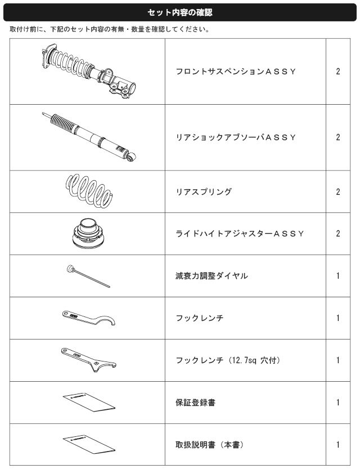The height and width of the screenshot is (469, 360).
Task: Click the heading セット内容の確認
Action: click(x=180, y=12)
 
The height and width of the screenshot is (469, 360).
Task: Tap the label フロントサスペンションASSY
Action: click(x=236, y=72)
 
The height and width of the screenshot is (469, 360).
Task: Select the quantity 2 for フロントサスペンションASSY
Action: click(x=338, y=72)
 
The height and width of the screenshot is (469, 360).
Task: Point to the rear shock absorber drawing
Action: click(x=89, y=137)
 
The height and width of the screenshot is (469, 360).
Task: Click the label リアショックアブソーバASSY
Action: click(x=236, y=137)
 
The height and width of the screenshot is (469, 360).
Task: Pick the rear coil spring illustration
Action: click(x=89, y=191)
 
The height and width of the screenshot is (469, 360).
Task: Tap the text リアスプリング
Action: click(x=204, y=192)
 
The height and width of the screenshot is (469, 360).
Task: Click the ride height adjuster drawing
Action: click(x=89, y=234)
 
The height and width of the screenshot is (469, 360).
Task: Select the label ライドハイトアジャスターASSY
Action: click(x=240, y=234)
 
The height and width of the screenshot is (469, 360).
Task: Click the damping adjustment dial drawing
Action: click(x=88, y=276)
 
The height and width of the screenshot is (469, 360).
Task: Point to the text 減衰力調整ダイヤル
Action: click(x=211, y=276)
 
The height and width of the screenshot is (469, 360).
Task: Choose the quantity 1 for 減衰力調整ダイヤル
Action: click(x=338, y=276)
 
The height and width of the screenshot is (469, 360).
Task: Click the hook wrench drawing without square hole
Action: click(x=89, y=318)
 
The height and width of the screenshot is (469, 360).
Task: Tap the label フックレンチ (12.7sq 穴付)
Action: click(x=228, y=360)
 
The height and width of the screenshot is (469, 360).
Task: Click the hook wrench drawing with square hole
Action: click(x=89, y=360)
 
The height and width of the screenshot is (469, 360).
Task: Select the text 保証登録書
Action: click(x=195, y=403)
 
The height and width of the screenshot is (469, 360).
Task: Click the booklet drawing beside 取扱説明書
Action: click(x=89, y=444)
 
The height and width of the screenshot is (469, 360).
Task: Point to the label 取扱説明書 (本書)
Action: click(x=210, y=445)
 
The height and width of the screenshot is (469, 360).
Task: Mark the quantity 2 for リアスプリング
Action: click(x=338, y=192)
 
